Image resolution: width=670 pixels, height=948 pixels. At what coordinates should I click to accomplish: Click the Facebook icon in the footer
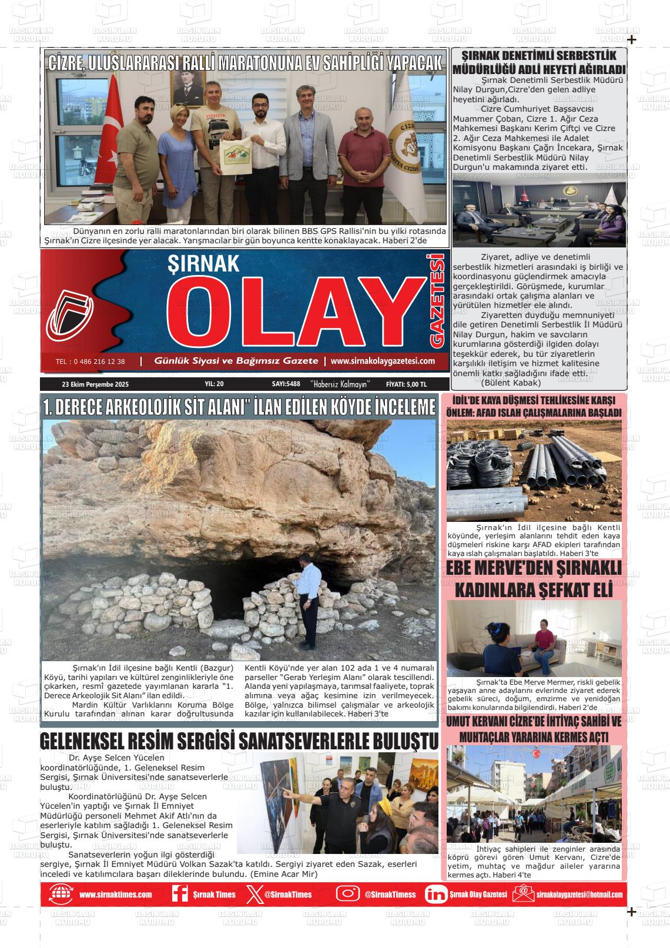click(180, 894)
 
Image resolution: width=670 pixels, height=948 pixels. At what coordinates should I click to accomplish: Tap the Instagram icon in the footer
click(347, 894)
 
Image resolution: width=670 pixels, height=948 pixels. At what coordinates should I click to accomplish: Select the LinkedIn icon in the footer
click(436, 894)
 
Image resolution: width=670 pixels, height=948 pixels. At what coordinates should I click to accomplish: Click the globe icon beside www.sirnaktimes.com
click(61, 894)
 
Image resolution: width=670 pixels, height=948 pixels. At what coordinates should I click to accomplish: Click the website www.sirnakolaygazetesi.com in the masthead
click(383, 361)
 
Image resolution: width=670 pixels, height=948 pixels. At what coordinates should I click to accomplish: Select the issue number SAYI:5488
click(286, 384)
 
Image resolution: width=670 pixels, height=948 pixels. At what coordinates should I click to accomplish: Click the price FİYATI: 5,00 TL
click(406, 384)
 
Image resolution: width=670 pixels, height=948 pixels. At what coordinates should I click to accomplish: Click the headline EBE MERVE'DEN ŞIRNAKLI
click(534, 568)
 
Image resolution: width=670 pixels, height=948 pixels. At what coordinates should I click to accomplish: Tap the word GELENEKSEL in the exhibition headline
click(94, 742)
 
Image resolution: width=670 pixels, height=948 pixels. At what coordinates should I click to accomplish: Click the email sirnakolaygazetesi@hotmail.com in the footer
click(579, 895)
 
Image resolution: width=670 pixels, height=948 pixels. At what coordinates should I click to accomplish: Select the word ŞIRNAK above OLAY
click(204, 264)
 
